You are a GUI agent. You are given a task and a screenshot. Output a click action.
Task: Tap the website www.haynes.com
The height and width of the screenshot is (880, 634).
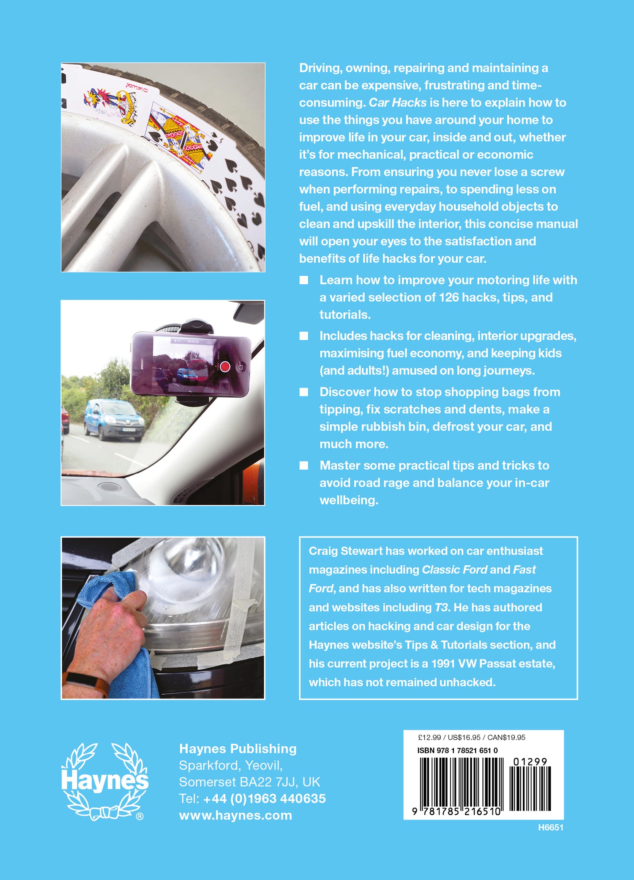[x=235, y=815]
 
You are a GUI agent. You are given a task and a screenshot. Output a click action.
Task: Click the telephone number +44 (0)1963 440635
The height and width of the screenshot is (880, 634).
[x=264, y=798]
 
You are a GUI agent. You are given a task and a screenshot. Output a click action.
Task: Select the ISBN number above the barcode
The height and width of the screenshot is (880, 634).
[x=457, y=750]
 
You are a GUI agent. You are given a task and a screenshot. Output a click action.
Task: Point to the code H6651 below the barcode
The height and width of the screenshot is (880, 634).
[x=550, y=828]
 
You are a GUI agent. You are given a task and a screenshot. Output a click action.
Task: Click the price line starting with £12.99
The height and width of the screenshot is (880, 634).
[x=471, y=737]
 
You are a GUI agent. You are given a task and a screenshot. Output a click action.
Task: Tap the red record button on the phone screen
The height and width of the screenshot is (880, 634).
[x=225, y=366]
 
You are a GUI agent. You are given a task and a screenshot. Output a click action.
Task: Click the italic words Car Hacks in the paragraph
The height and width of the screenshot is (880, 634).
[x=397, y=103]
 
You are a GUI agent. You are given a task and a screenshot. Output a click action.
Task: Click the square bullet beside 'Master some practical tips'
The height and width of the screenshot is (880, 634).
[x=304, y=465]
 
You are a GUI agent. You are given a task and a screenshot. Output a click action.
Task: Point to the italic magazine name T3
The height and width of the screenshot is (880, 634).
[x=441, y=608]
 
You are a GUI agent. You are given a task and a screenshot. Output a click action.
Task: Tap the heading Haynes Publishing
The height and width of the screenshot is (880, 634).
[x=238, y=748]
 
